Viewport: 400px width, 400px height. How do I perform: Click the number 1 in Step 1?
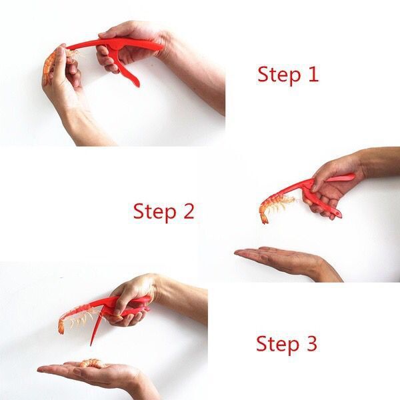(311, 74)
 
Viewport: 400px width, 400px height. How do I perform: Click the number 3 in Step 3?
(310, 344)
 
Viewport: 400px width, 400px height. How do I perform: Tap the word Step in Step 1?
(280, 75)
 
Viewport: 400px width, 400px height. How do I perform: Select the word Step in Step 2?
(155, 212)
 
